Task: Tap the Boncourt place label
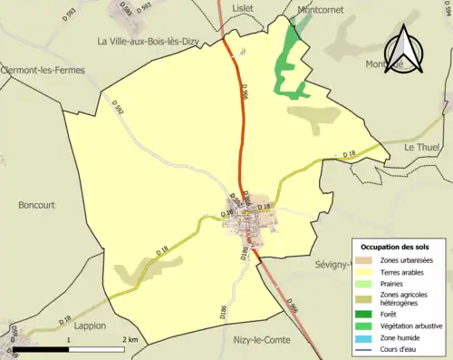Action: tap(37, 205)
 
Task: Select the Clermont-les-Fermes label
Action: tap(39, 69)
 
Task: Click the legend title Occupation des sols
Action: tap(401, 247)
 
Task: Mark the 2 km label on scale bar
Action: tap(130, 339)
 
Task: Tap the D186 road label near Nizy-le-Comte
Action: tap(223, 313)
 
